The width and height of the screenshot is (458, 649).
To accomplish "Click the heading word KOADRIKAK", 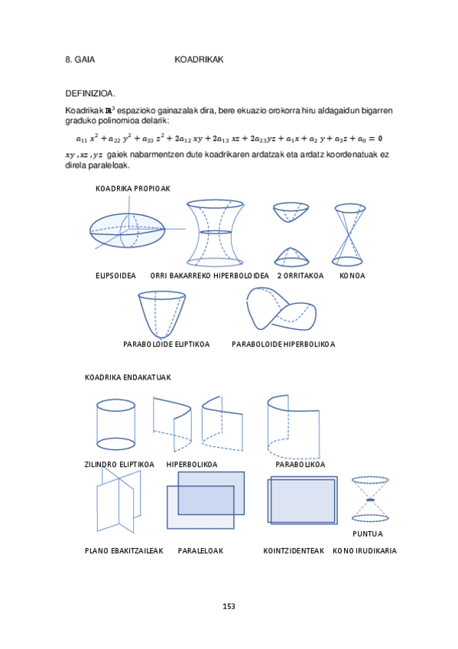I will coord(198,60).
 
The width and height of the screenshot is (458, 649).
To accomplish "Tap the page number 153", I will coord(229,606).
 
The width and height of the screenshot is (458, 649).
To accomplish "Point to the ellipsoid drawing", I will coord(127,228).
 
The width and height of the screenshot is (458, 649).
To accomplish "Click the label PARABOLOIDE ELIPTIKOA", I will coord(166,344).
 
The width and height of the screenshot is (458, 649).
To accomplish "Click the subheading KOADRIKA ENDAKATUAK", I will coord(127,377).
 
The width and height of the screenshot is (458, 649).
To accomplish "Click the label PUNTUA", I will coord(367,533).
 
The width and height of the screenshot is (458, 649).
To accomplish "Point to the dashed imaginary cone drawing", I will coord(370,499).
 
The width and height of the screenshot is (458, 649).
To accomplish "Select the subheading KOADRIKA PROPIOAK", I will coord(132,188).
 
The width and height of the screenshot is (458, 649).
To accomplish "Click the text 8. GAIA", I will coord(80,60).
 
